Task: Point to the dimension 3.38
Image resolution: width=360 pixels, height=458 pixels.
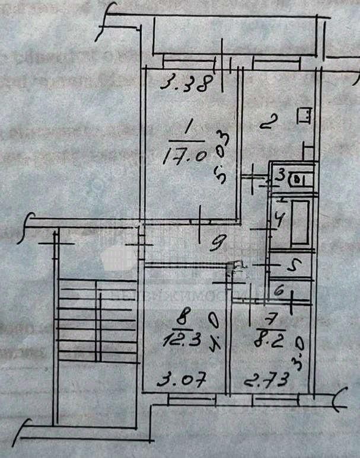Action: click(x=185, y=84)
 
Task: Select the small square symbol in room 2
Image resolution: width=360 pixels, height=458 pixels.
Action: click(x=305, y=116)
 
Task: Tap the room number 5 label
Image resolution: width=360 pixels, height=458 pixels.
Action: click(x=291, y=266)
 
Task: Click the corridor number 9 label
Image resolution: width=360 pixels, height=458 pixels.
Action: click(x=219, y=241)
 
